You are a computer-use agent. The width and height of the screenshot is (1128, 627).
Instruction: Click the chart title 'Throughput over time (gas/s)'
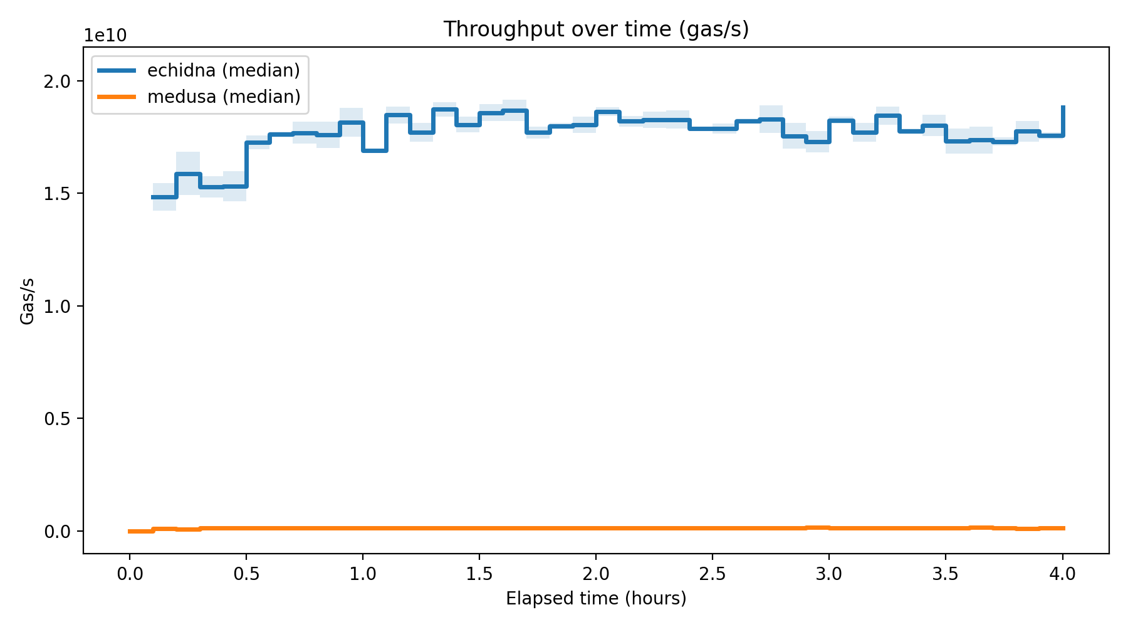596,29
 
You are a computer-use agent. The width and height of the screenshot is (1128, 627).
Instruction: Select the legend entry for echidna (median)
223,70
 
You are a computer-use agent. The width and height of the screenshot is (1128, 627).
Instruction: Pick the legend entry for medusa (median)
223,97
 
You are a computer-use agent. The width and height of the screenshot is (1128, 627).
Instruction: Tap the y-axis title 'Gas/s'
27,302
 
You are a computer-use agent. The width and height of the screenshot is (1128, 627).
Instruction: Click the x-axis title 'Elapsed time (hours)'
596,599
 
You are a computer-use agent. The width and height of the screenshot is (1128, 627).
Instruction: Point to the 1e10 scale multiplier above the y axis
105,35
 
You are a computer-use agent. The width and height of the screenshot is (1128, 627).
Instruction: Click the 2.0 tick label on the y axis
57,82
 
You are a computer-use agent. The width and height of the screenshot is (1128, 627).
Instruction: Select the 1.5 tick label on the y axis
57,194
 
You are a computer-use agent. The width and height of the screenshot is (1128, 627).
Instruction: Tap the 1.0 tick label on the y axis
57,306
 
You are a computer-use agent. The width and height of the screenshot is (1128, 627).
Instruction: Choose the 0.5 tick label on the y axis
57,419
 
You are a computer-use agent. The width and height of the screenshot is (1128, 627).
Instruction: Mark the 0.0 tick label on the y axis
57,531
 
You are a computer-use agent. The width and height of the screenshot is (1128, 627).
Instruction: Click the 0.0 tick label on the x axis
130,574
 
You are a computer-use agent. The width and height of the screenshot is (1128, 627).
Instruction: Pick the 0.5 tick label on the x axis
246,574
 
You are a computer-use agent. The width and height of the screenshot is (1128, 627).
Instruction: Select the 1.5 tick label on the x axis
479,574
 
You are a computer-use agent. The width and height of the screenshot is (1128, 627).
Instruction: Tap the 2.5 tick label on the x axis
713,574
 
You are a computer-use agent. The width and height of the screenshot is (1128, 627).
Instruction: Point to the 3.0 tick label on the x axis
829,574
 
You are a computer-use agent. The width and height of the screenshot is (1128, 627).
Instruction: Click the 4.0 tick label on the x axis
1062,574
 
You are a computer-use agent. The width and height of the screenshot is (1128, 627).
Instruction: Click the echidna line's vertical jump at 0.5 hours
246,164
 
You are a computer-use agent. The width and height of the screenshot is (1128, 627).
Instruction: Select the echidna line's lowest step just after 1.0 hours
375,150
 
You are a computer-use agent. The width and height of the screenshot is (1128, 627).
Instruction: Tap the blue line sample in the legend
117,70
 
